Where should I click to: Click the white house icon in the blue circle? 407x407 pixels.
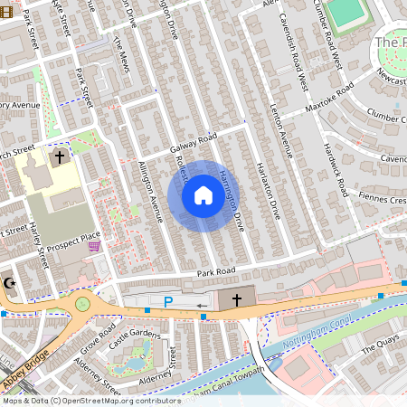tap(203, 194)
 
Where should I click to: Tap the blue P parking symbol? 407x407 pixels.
tap(167, 302)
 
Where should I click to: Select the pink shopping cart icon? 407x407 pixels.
tap(94, 245)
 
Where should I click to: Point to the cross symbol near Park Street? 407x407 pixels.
tap(60, 157)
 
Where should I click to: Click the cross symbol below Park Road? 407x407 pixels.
tap(237, 298)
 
